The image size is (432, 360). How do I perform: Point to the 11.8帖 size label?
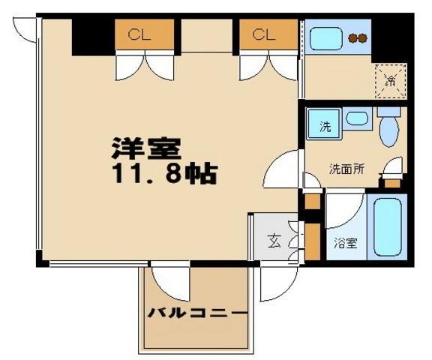[x=165, y=175]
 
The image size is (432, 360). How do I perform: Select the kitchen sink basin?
[x=326, y=37]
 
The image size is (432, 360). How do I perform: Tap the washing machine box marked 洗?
[x=325, y=125]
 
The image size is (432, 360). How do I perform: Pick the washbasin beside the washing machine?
[x=356, y=118]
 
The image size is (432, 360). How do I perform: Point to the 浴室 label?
[x=346, y=242]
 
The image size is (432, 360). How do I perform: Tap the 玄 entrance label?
[x=274, y=241]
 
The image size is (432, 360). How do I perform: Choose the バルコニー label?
[x=196, y=313]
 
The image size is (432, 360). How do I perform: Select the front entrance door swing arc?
[x=277, y=285]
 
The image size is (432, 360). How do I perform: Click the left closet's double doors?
[x=145, y=67]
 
